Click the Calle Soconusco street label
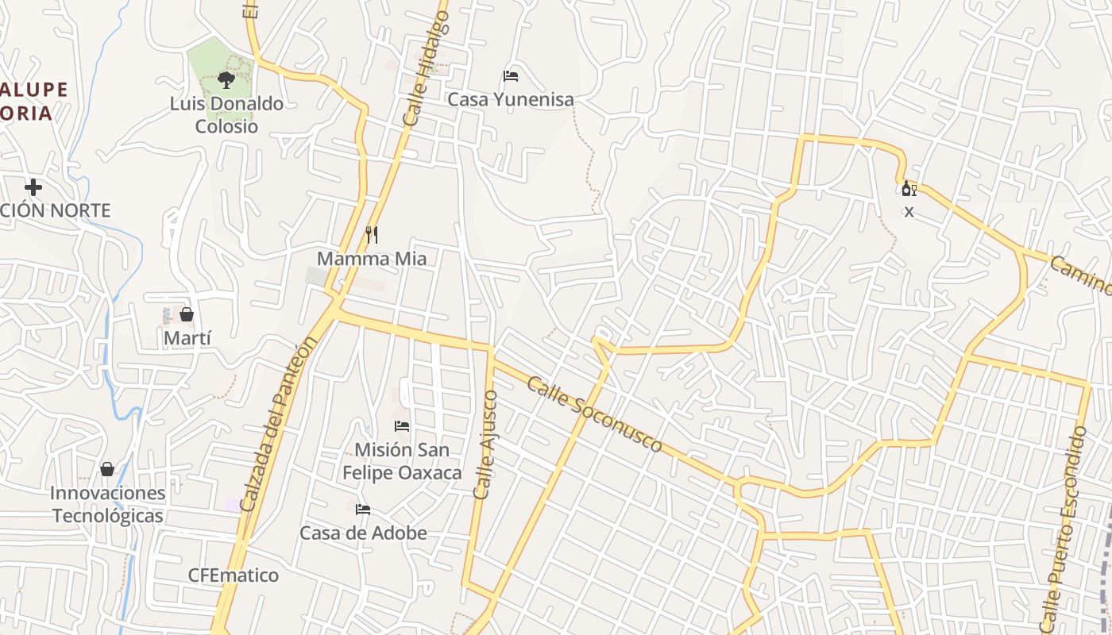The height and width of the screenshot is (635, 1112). (x=593, y=414)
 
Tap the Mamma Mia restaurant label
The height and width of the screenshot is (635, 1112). (x=372, y=259)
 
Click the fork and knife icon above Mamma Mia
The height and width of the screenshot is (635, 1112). (x=371, y=234)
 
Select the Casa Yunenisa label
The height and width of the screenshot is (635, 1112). (x=511, y=100)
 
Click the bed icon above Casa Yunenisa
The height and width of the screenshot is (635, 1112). (x=511, y=76)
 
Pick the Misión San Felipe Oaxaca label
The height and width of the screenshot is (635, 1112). (x=402, y=461)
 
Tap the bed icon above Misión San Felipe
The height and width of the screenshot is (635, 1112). (x=402, y=426)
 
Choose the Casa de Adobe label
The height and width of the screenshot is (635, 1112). (x=363, y=533)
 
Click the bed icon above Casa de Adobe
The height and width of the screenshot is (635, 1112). (x=363, y=509)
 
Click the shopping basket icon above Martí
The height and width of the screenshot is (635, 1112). (x=187, y=314)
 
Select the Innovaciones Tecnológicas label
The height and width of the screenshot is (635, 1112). (x=108, y=504)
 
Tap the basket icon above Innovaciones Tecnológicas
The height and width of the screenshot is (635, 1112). (x=107, y=469)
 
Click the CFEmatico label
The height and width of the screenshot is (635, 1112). (x=234, y=575)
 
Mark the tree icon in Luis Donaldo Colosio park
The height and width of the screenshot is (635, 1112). (x=226, y=79)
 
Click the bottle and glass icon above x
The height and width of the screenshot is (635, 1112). (x=909, y=189)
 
